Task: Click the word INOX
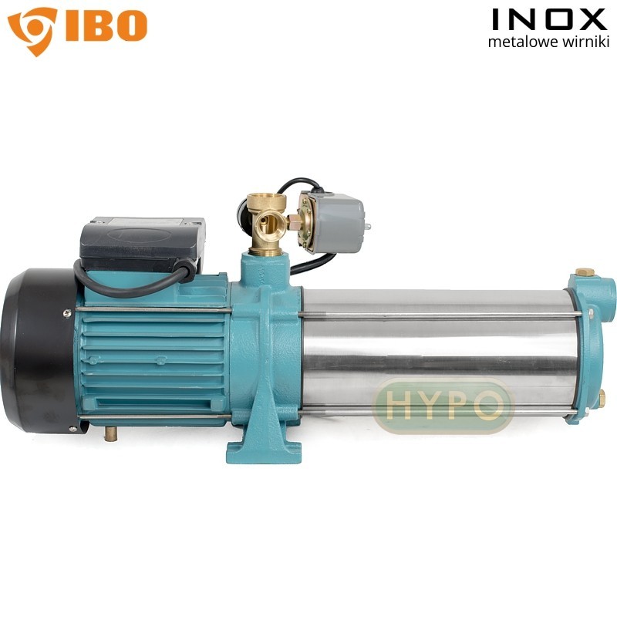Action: click(x=549, y=20)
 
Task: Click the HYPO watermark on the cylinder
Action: click(x=443, y=405)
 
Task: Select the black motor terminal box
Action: click(x=142, y=243)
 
